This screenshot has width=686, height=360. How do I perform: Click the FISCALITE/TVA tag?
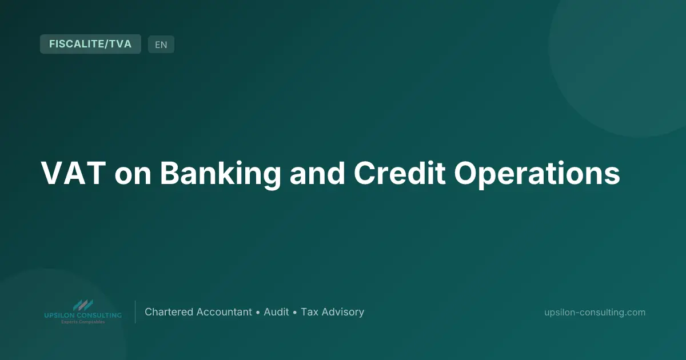point(90,44)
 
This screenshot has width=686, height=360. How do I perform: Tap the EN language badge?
point(161,45)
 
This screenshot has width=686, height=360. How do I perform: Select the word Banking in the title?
point(220,173)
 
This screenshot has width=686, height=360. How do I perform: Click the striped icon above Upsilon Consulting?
point(83,305)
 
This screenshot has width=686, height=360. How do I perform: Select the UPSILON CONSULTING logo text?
point(83,315)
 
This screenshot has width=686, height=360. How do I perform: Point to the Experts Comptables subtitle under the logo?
point(83,322)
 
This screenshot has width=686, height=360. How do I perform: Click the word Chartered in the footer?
point(169,312)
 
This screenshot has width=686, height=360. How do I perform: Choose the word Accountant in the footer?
point(224,312)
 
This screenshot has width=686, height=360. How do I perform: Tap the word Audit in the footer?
point(276,312)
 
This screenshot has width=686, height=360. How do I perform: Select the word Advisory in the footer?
point(343,312)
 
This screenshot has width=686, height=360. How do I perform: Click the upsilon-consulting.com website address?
point(595,312)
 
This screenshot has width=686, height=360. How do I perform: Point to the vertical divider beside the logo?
point(135,312)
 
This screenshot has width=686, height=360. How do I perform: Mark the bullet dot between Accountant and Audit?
point(258,313)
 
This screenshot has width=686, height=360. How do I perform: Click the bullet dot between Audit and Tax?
point(295,313)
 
